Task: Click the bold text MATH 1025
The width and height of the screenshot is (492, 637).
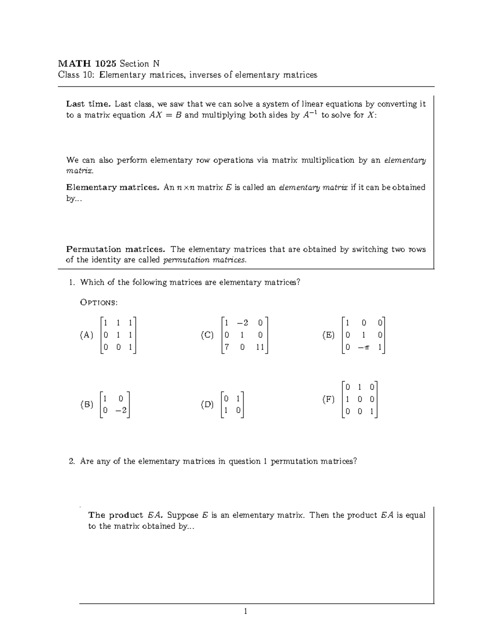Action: [x=87, y=64]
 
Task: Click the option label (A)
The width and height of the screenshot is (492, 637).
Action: [x=87, y=335]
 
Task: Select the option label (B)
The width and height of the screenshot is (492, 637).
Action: [x=87, y=405]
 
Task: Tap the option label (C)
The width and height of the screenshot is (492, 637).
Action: [x=207, y=335]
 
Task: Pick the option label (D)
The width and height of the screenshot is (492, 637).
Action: [x=207, y=405]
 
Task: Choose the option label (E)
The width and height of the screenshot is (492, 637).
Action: [x=328, y=335]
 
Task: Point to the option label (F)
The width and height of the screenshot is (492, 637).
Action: [x=328, y=399]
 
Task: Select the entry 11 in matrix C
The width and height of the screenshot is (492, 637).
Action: [x=260, y=348]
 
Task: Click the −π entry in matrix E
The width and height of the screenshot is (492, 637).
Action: [x=364, y=348]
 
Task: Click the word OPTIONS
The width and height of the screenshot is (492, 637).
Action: [x=99, y=303]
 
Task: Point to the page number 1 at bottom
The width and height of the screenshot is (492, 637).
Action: [x=246, y=612]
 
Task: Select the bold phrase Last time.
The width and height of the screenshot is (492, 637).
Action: [x=88, y=104]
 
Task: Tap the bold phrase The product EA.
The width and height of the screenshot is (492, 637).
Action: [x=126, y=515]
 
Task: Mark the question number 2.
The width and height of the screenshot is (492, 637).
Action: [x=72, y=461]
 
